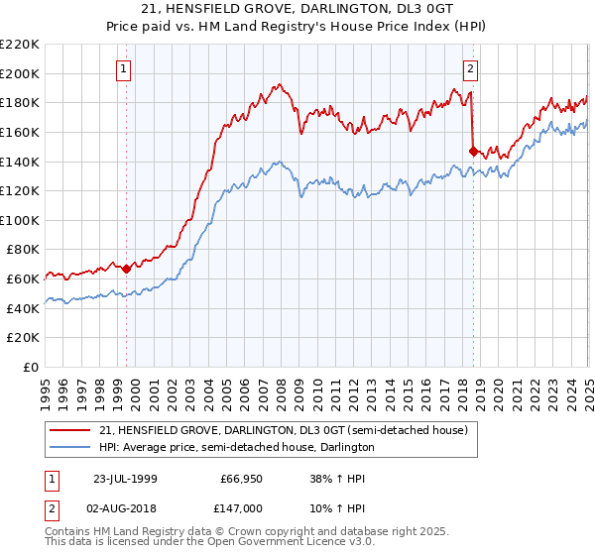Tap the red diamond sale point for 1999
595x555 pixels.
(x=126, y=268)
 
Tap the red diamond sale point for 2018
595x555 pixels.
(x=472, y=151)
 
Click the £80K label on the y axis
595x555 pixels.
(x=23, y=250)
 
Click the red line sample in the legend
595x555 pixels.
(x=69, y=430)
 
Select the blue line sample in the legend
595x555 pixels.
(x=69, y=447)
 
